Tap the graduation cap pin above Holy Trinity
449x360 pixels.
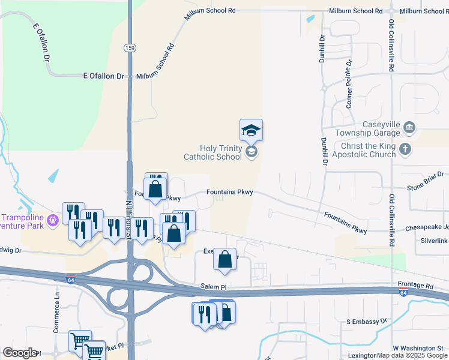pyautogui.click(x=251, y=129)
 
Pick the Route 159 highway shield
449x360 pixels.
pyautogui.click(x=128, y=47)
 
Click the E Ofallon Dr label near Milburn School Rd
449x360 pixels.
pyautogui.click(x=103, y=76)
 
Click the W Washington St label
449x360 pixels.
pyautogui.click(x=418, y=348)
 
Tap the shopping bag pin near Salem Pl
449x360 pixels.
pyautogui.click(x=224, y=259)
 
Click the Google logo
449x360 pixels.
pyautogui.click(x=20, y=353)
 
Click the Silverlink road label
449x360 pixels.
pyautogui.click(x=434, y=241)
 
